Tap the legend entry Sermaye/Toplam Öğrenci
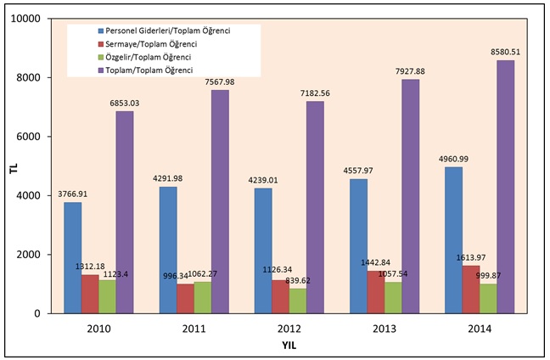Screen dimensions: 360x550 pyautogui.click(x=153, y=43)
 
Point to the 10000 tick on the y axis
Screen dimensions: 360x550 pyautogui.click(x=31, y=19)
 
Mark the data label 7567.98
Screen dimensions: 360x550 pyautogui.click(x=221, y=82)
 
